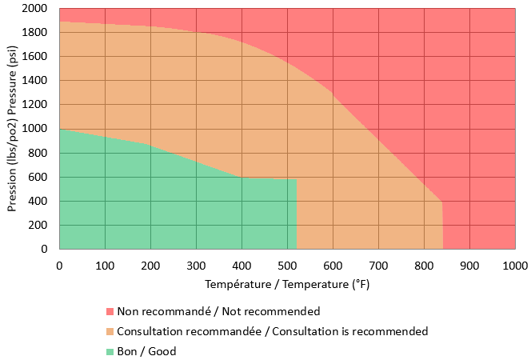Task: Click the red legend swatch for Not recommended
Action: tap(110, 311)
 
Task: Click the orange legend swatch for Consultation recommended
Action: tap(110, 331)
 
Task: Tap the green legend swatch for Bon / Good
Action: tap(110, 351)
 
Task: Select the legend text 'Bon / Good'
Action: tap(146, 351)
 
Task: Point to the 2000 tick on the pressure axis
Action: tap(38, 9)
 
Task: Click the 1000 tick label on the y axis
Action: tap(38, 129)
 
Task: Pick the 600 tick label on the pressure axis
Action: tap(42, 177)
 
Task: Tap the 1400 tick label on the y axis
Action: tap(38, 81)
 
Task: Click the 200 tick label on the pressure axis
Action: tap(42, 225)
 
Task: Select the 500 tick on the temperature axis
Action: tap(287, 264)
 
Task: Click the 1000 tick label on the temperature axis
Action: tap(514, 264)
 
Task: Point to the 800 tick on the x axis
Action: tap(424, 264)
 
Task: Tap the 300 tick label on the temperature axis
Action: tap(196, 264)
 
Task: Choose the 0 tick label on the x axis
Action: tap(59, 264)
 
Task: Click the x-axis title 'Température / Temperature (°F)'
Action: tap(287, 284)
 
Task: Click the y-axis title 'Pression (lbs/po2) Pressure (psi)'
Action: tap(14, 128)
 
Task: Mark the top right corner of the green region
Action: tap(297, 179)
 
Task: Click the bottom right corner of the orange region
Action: tap(442, 248)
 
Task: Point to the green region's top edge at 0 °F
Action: tap(60, 129)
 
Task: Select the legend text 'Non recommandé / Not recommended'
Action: tap(218, 311)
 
